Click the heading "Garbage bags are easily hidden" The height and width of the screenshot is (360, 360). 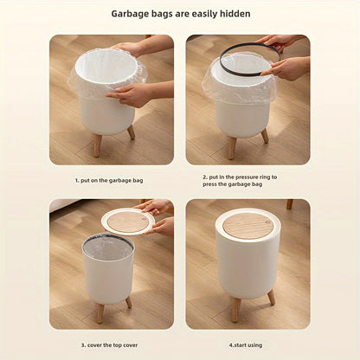[x=179, y=14]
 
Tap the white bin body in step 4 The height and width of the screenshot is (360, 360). [x=247, y=268]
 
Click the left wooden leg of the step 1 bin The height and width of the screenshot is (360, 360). [x=97, y=144]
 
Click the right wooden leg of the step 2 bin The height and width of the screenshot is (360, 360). [x=264, y=135]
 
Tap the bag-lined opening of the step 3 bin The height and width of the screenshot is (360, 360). [x=108, y=246]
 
